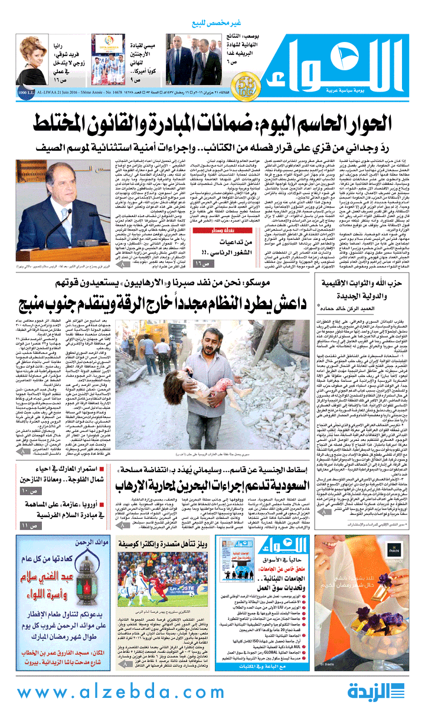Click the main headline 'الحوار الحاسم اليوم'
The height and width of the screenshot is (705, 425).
212,122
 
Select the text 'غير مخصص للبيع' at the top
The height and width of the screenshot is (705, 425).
213,23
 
